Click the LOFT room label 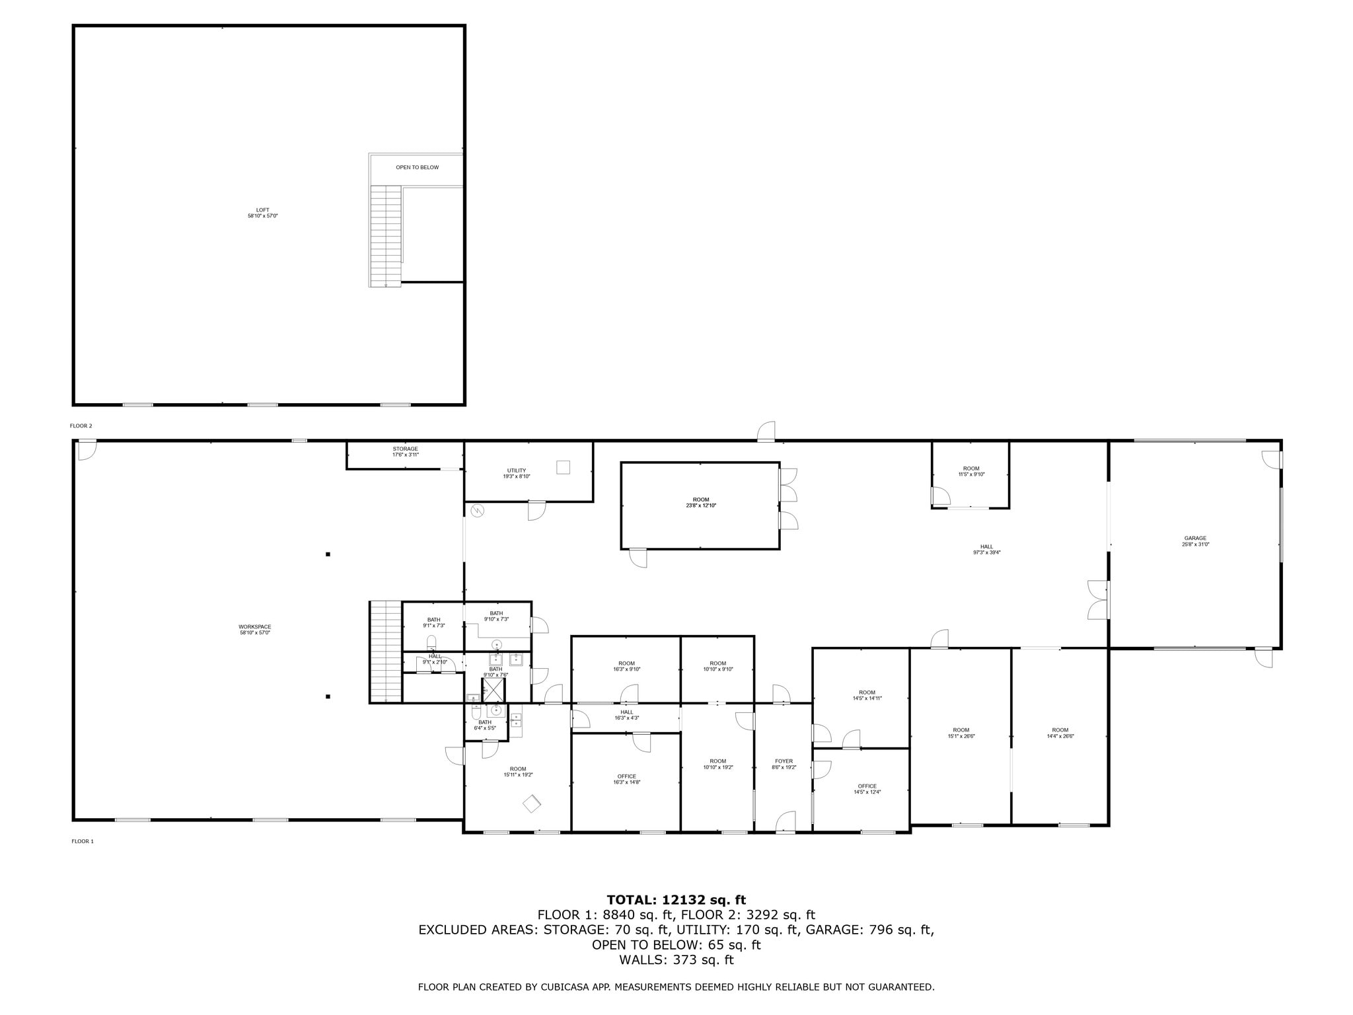[x=262, y=213]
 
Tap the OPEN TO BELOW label [x=417, y=167]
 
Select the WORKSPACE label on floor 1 [x=254, y=629]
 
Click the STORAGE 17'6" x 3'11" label [x=405, y=451]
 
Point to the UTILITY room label [x=516, y=473]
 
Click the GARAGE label [x=1195, y=541]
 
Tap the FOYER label [x=784, y=764]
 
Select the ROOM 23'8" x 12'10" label [x=700, y=502]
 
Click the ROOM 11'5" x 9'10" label [x=971, y=471]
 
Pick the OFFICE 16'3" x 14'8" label [x=626, y=779]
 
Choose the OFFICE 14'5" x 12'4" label [x=867, y=789]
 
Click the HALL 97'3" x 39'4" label [x=986, y=549]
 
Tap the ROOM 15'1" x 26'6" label [x=961, y=733]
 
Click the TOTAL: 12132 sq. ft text [x=676, y=899]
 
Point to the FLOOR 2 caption [x=81, y=426]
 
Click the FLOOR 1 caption [x=83, y=841]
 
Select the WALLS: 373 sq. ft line [x=676, y=959]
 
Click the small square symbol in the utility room [x=563, y=467]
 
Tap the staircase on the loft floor [x=386, y=236]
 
